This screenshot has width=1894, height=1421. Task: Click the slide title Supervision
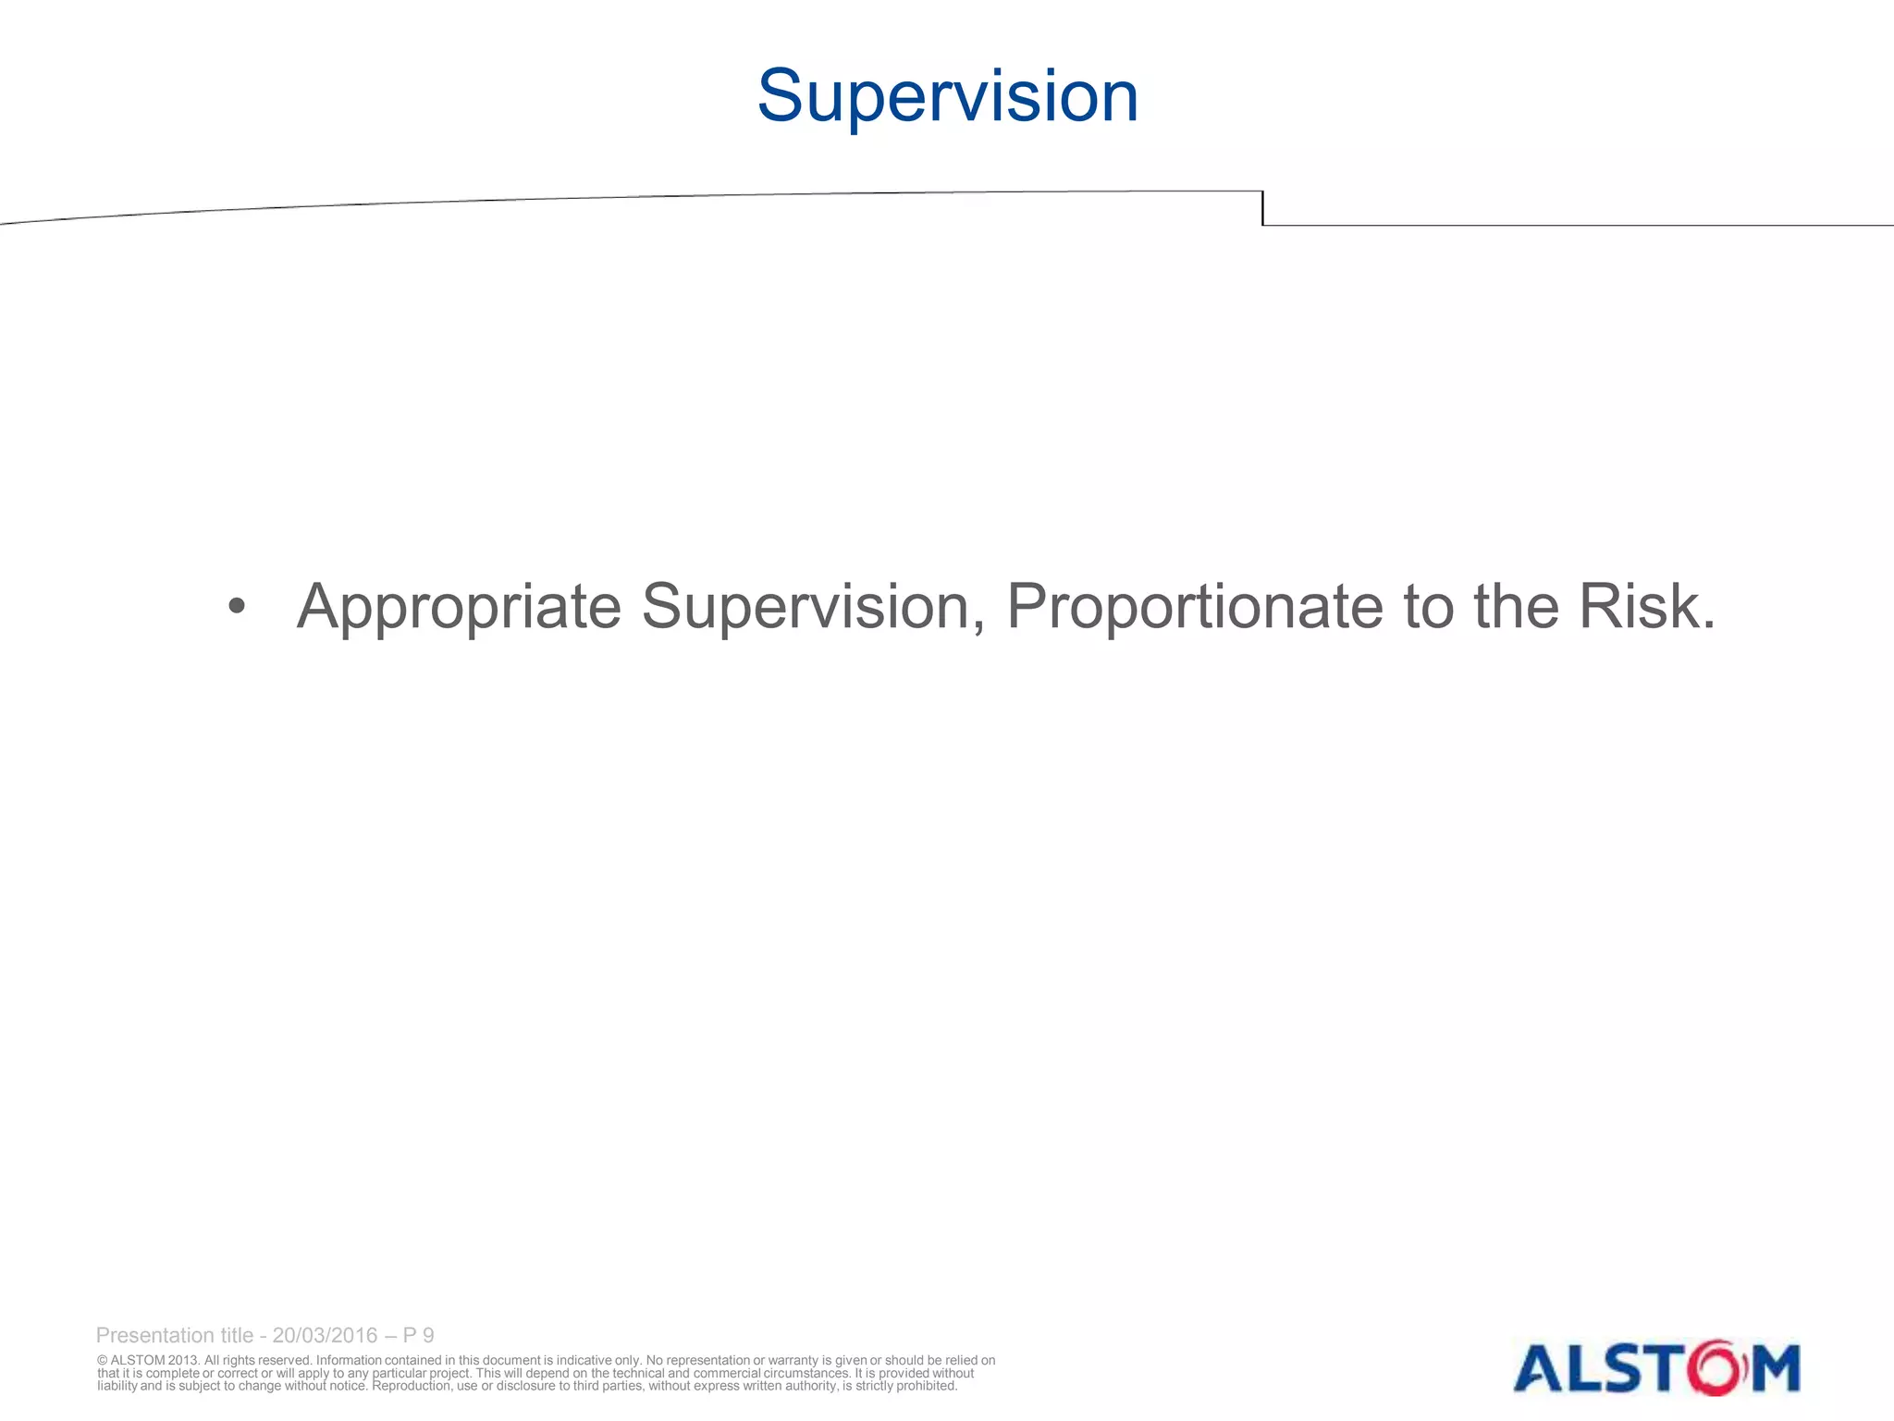947,96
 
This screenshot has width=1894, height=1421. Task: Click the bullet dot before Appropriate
237,607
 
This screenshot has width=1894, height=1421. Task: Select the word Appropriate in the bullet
459,609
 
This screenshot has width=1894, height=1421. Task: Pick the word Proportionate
1194,609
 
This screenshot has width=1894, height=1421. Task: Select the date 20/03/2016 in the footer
325,1335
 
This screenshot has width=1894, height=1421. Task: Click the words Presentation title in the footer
174,1335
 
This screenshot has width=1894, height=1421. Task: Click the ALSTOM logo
1655,1367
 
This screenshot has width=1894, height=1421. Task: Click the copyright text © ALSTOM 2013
148,1360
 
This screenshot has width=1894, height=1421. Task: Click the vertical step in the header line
1262,208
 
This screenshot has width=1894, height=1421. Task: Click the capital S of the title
784,96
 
